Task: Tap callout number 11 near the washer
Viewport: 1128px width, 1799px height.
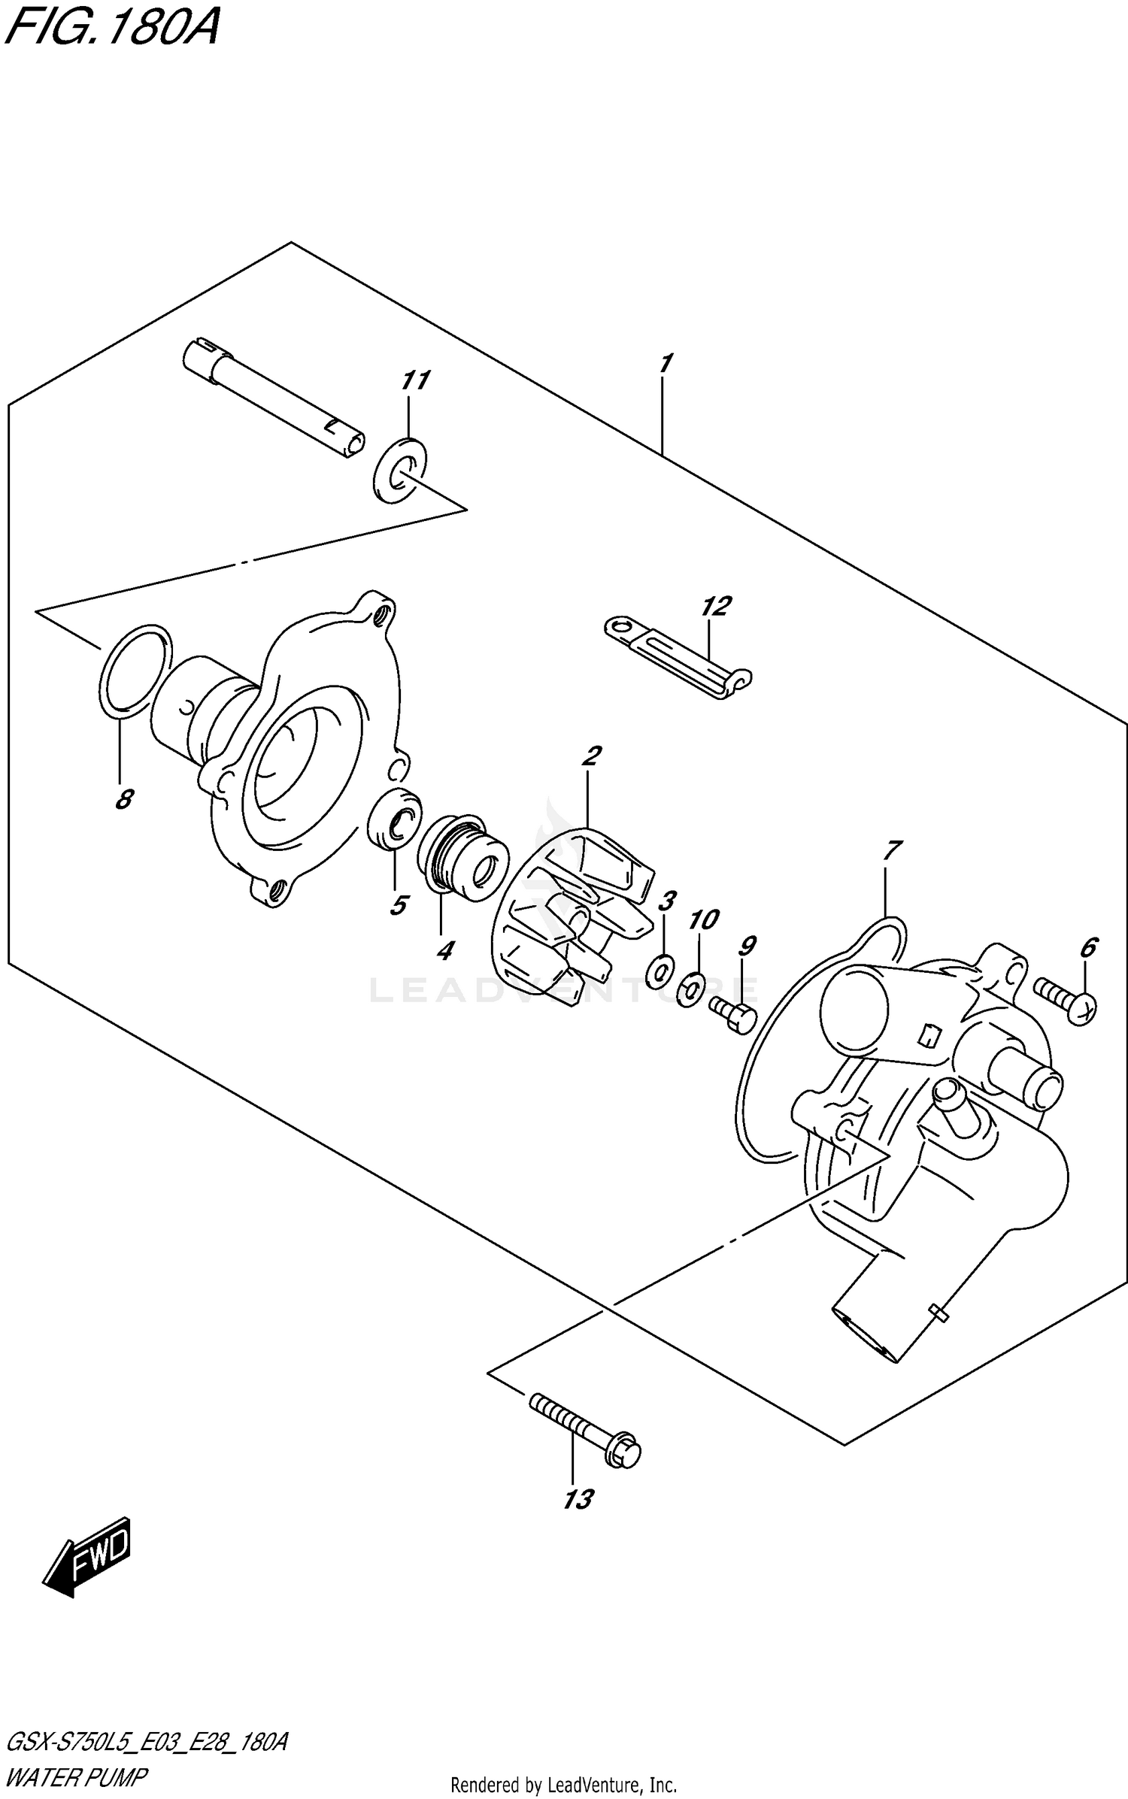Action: (414, 380)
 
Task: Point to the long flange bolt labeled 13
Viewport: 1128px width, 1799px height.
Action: (586, 1431)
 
